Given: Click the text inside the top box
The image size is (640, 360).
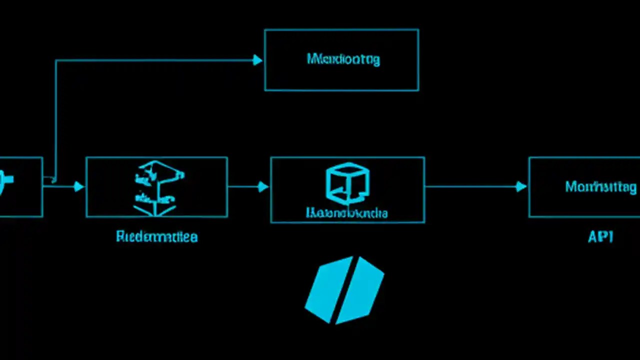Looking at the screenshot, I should point(343,59).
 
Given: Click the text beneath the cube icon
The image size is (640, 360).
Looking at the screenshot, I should point(346,212).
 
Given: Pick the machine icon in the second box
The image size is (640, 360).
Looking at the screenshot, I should point(157,187).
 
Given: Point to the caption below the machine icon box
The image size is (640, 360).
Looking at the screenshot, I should point(156,236).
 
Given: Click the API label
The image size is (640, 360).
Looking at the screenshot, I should point(600,236).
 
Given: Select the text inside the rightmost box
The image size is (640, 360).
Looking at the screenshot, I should point(600,187).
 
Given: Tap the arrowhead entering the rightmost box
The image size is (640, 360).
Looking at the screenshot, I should point(521,186).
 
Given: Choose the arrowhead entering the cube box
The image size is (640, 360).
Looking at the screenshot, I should point(263,186).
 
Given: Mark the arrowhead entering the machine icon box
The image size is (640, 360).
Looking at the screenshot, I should point(79,186).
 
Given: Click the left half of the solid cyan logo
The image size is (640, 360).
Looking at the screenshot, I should point(325,289).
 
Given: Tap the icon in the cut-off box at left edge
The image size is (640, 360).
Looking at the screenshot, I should point(7,178).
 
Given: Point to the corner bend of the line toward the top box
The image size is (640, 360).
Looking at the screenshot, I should point(56,61).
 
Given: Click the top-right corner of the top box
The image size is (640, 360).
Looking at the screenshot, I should point(418,30).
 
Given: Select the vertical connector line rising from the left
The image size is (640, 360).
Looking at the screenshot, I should point(55,120).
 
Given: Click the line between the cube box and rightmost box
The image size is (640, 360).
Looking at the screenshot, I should point(470,186).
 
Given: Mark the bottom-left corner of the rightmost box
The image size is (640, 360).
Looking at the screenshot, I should point(529,216).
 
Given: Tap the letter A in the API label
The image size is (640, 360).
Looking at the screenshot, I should point(592,236).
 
